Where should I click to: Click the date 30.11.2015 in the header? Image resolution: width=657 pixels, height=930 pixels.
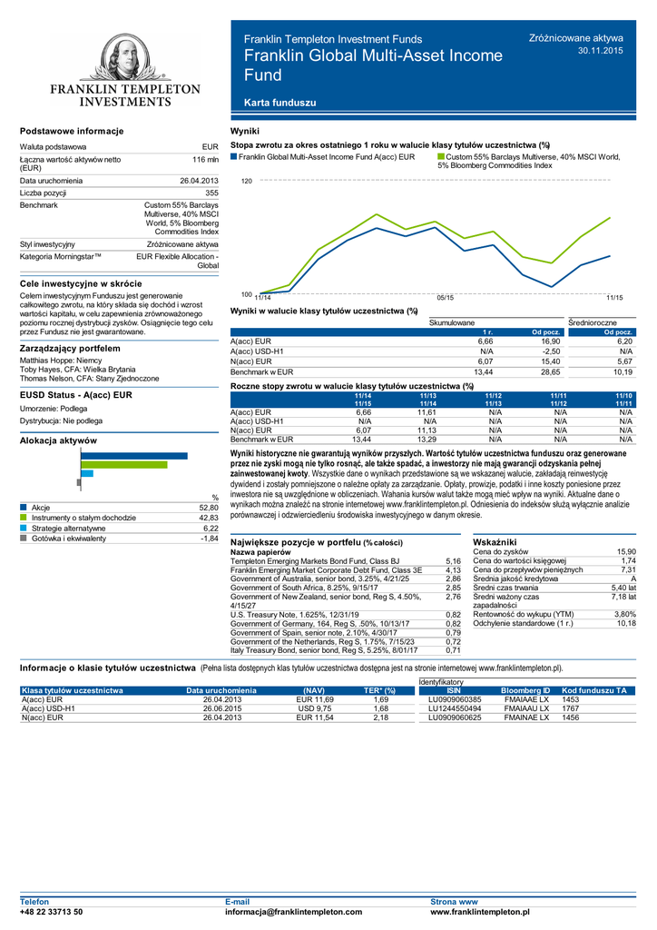(x=601, y=51)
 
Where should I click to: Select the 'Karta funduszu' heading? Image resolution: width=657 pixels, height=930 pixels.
(x=287, y=103)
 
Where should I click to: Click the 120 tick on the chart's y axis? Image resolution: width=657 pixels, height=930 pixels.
(x=246, y=182)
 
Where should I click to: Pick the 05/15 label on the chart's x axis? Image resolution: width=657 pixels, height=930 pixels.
(x=445, y=298)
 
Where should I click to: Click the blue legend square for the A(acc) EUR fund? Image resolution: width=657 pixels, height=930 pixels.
(x=234, y=157)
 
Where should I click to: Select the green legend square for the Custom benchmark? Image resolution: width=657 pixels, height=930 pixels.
(x=441, y=157)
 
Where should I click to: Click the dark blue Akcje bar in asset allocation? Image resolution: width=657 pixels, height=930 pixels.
(x=134, y=456)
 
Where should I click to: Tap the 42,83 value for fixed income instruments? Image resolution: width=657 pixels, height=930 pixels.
(x=209, y=518)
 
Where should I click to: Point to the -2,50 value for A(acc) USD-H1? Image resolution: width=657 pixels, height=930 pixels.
(x=552, y=351)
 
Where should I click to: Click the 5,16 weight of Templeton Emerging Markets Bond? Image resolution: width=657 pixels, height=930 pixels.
(x=454, y=562)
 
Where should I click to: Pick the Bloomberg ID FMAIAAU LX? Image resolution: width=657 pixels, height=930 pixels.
(x=526, y=708)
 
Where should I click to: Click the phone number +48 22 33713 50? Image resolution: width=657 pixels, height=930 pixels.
(x=52, y=911)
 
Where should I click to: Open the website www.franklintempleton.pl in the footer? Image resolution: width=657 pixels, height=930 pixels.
(x=481, y=911)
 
